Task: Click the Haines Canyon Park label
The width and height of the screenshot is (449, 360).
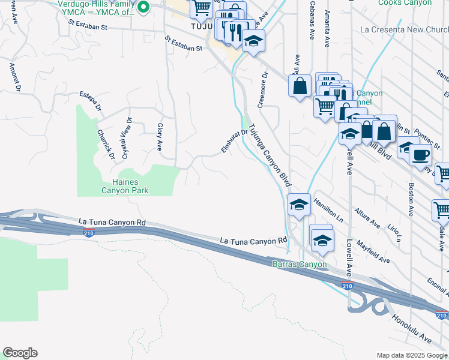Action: pyautogui.click(x=125, y=186)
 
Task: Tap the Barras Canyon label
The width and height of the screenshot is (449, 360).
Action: pyautogui.click(x=300, y=264)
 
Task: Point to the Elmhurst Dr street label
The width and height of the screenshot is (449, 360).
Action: pyautogui.click(x=235, y=141)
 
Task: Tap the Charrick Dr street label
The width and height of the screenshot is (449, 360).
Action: pyautogui.click(x=106, y=144)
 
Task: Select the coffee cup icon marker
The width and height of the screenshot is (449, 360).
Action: pyautogui.click(x=420, y=154)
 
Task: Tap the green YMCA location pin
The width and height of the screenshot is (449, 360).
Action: pyautogui.click(x=143, y=8)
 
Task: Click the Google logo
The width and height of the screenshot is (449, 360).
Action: pyautogui.click(x=19, y=353)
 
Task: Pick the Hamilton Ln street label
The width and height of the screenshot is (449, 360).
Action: pyautogui.click(x=327, y=211)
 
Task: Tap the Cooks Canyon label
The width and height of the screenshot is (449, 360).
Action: pyautogui.click(x=405, y=3)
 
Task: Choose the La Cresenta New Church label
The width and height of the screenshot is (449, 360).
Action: pyautogui.click(x=403, y=29)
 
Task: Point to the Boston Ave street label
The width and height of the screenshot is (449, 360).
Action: pyautogui.click(x=411, y=200)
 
